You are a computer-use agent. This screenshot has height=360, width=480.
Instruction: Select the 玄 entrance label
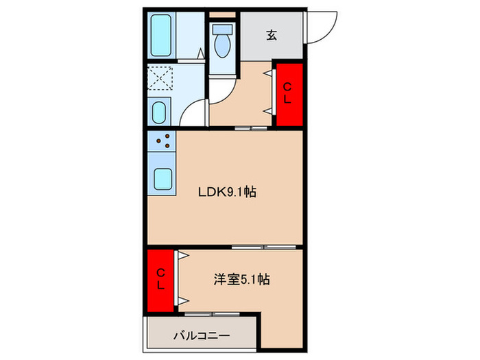tap(271, 35)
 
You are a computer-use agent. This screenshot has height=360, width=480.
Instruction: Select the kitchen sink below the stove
tap(163, 180)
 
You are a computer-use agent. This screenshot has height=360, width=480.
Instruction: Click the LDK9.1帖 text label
tap(228, 193)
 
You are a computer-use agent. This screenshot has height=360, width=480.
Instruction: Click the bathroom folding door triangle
tap(199, 53)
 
